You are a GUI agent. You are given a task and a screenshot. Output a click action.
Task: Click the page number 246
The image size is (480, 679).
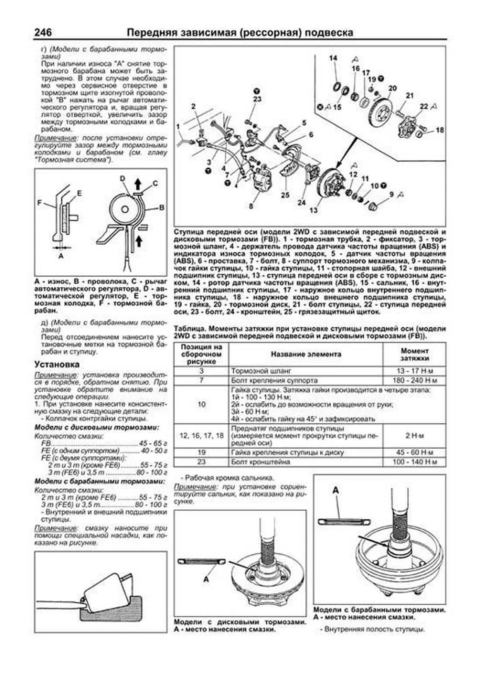43,32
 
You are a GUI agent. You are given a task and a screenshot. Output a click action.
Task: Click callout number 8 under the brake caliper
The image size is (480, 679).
251,206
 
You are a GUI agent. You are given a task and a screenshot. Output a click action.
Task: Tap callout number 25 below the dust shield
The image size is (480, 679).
285,195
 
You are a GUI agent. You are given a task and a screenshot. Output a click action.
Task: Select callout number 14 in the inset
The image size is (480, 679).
333,58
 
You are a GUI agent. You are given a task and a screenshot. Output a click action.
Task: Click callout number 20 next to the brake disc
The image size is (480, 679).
392,88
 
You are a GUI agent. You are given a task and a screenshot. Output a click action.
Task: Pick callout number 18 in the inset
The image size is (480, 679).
440,130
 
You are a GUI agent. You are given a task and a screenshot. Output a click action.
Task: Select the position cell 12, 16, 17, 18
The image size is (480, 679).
202,436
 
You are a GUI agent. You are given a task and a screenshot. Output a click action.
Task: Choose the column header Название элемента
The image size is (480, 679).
306,354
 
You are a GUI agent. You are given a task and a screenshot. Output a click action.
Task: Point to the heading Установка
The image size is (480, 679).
57,364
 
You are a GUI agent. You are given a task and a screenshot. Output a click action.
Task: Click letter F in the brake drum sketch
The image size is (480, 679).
40,202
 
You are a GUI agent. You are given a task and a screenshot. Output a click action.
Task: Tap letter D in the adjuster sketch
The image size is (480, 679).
122,179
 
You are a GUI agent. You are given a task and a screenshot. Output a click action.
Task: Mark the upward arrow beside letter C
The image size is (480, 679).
138,184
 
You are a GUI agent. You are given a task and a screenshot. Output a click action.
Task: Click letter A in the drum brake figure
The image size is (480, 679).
336,491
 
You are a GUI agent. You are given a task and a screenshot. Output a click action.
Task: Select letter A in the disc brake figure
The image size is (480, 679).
206,579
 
